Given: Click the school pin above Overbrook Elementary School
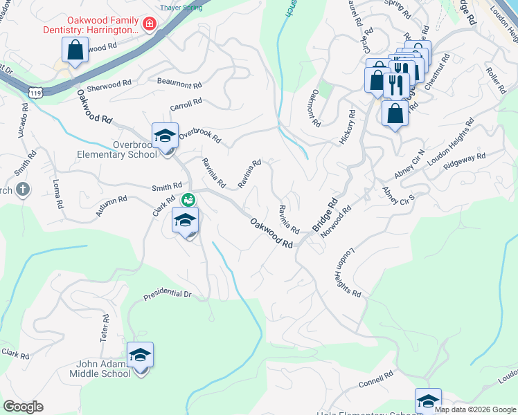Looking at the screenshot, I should pyautogui.click(x=166, y=136).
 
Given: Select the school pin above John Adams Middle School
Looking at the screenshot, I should pyautogui.click(x=140, y=355).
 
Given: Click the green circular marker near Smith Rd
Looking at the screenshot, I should pyautogui.click(x=188, y=201).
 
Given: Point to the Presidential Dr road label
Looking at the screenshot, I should pyautogui.click(x=167, y=295).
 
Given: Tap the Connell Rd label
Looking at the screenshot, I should pyautogui.click(x=376, y=379).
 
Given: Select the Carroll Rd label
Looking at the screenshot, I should pyautogui.click(x=186, y=104).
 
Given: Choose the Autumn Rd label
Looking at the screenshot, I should pyautogui.click(x=111, y=207).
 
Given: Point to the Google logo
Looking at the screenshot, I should pyautogui.click(x=24, y=407).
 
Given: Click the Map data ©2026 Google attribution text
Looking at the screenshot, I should pyautogui.click(x=475, y=409).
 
